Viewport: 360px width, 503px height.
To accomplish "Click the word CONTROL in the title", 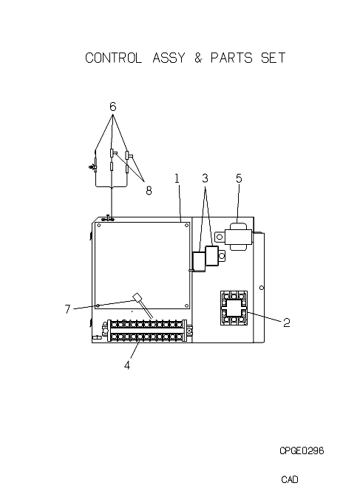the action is point(114,58).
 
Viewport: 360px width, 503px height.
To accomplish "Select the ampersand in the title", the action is point(198,58).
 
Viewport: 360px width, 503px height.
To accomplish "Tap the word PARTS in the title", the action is point(231,58).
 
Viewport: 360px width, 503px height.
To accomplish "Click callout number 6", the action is point(112,107).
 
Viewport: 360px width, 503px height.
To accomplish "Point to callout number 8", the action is point(149,191).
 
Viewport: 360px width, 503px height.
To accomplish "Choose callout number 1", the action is point(177,178).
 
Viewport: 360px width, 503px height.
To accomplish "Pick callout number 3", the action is point(206,178).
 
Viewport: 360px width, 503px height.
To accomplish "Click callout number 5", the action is point(240,178).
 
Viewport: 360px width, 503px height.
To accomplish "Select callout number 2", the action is point(287,323).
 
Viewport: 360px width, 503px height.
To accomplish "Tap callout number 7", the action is point(67,309).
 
